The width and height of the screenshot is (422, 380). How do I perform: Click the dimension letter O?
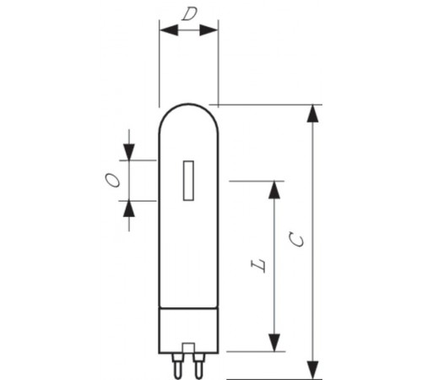coord(111,179)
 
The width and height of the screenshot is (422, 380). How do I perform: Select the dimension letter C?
coord(298,240)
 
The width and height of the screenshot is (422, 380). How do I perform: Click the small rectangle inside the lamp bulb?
coord(189,181)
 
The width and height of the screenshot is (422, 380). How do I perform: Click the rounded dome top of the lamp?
coord(189,114)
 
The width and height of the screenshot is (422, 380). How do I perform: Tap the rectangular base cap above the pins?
coord(189,330)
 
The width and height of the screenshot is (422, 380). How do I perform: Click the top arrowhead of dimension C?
coord(313,115)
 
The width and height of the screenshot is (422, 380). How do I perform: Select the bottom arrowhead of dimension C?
coord(313,369)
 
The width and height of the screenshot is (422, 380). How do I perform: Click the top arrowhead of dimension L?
coord(274,190)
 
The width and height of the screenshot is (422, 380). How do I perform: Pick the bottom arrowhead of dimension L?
coord(274,342)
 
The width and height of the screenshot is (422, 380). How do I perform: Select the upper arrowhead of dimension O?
coord(129,151)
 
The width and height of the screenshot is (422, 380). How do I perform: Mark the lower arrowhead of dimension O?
coord(129,209)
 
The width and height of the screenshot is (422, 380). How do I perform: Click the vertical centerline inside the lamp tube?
coord(189,253)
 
